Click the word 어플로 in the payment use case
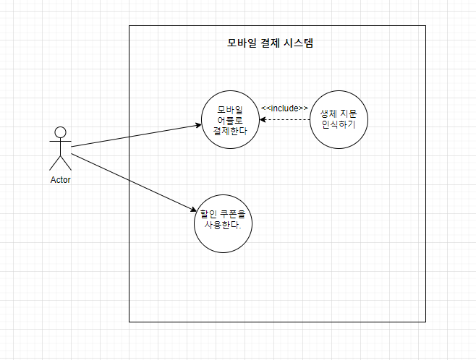click(230, 120)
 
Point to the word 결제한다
click(230, 131)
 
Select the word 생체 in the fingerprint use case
click(329, 112)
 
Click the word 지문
click(349, 112)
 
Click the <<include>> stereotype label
click(284, 108)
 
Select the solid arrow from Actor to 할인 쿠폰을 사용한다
click(134, 181)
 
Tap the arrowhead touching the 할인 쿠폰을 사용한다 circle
click(193, 210)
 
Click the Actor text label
click(60, 180)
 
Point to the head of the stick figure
click(60, 132)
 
